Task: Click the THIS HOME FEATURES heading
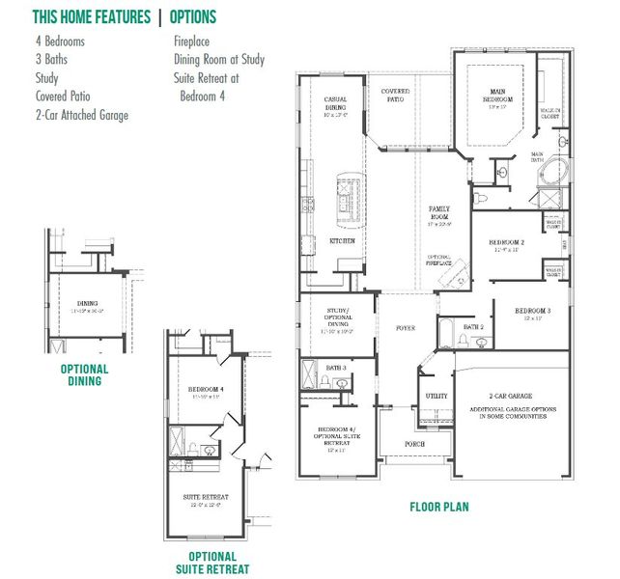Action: click(x=92, y=17)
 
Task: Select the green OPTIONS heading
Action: click(x=193, y=17)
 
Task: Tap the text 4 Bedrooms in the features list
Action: click(x=60, y=41)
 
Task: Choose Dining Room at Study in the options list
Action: click(x=219, y=60)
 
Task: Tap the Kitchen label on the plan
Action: click(x=342, y=240)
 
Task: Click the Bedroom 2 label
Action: click(x=507, y=242)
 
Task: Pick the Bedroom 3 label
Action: click(x=532, y=311)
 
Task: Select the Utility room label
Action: click(x=437, y=397)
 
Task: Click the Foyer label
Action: click(x=406, y=328)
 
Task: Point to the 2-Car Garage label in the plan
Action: click(x=512, y=397)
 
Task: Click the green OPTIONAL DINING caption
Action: click(x=85, y=375)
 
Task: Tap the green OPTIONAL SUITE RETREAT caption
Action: click(x=212, y=563)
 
